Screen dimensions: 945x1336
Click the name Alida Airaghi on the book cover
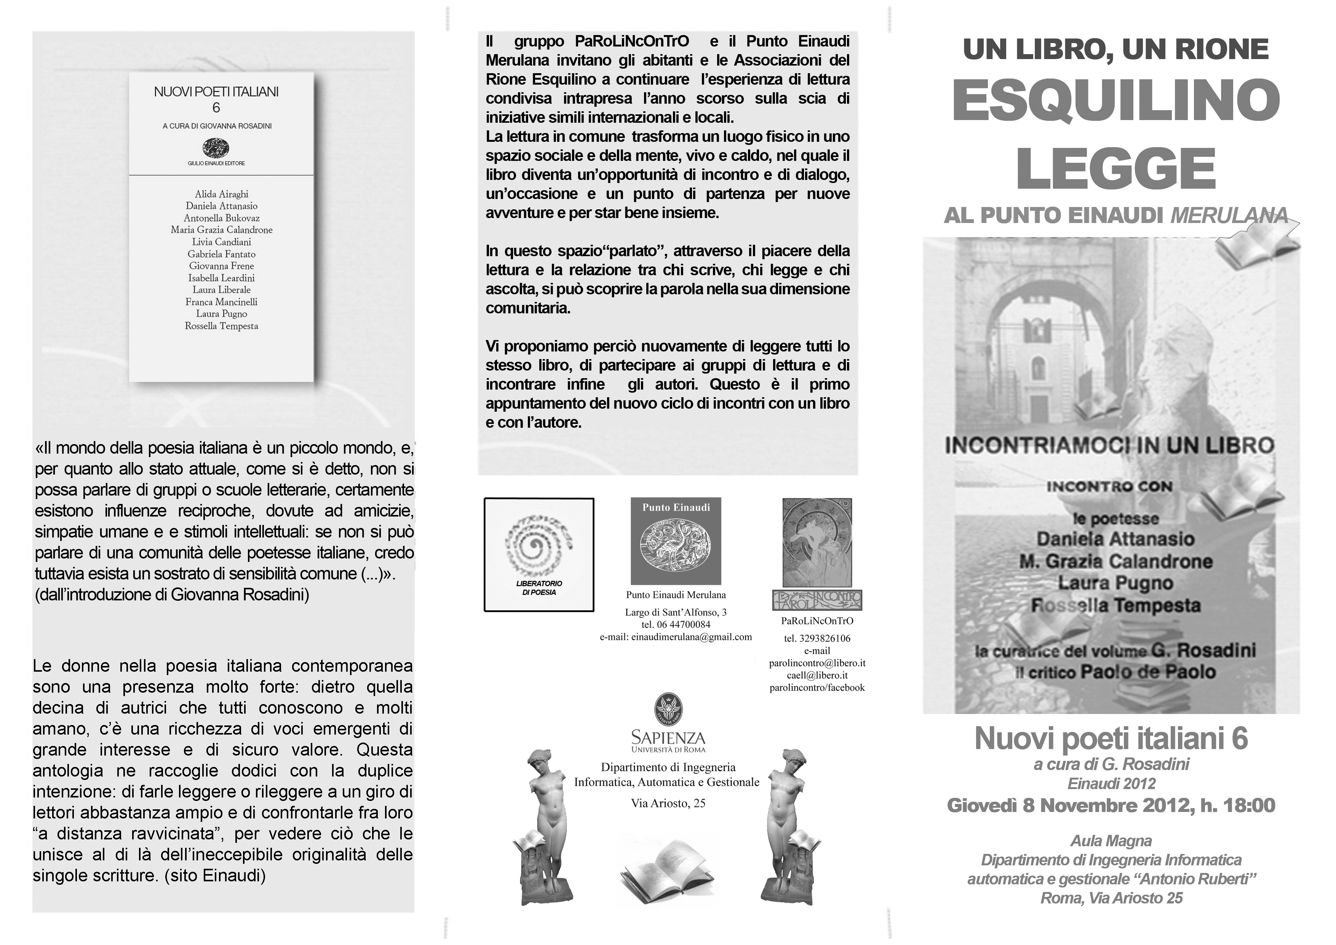[221, 194]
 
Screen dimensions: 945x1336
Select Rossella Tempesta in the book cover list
[221, 326]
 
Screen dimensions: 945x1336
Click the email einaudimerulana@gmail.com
[676, 637]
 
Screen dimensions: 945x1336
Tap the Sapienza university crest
[668, 709]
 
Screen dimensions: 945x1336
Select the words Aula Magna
[1111, 841]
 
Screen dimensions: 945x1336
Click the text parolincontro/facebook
[817, 688]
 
